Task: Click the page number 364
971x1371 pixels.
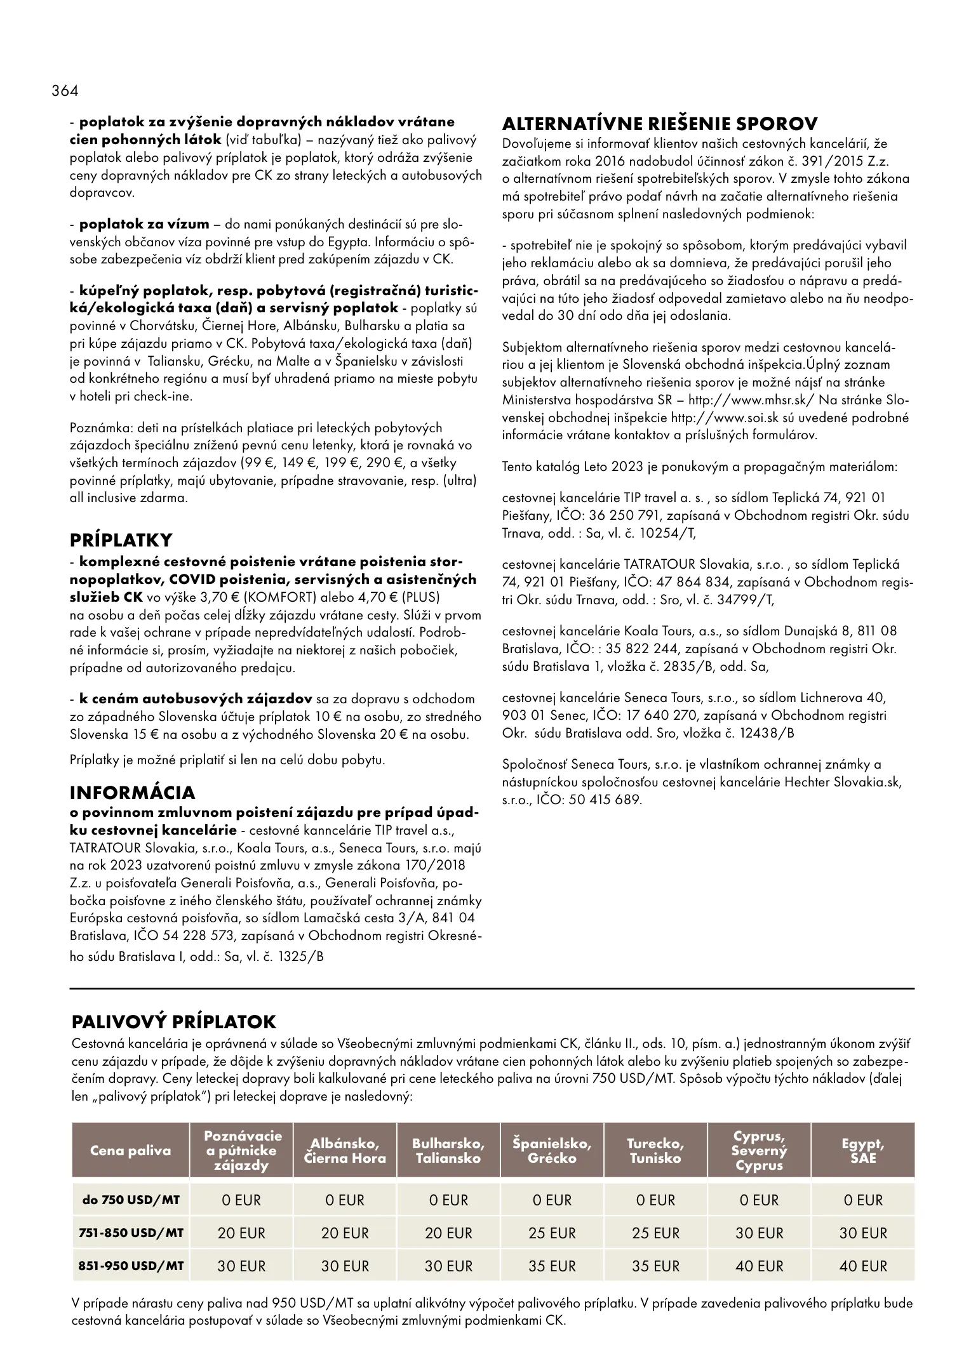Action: click(65, 91)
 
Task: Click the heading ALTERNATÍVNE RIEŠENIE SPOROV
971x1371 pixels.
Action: click(660, 123)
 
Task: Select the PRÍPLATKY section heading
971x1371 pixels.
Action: click(121, 540)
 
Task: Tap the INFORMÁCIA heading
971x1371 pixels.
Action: click(132, 793)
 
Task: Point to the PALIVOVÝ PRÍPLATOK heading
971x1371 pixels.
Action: click(174, 1022)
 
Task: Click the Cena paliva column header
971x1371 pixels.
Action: click(131, 1151)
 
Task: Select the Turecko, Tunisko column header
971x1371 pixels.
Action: click(655, 1151)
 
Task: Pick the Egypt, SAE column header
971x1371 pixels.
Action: click(863, 1151)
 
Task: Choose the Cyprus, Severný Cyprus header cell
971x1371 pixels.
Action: click(759, 1151)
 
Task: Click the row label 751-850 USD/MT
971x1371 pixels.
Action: click(131, 1233)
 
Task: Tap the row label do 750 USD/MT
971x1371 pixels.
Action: click(131, 1200)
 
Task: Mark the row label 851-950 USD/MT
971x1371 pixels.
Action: click(131, 1266)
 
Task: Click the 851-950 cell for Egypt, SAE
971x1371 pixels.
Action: click(863, 1266)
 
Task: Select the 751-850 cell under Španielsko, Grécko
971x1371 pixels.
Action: click(552, 1233)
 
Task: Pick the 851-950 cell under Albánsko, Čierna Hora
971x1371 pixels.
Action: click(345, 1266)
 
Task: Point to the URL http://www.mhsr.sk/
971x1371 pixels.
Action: click(749, 400)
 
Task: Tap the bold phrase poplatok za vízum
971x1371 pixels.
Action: click(144, 224)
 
